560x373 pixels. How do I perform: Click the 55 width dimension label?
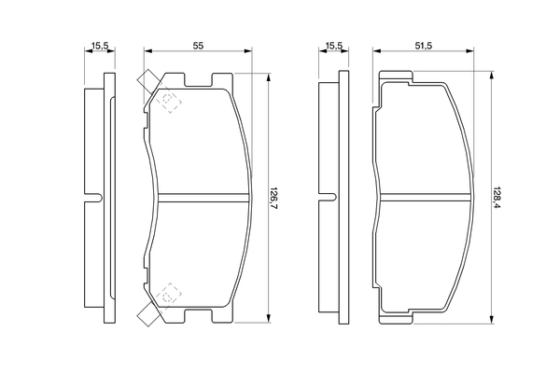(198, 46)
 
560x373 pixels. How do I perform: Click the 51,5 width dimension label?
(424, 46)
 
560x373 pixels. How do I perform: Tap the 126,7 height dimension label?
(273, 198)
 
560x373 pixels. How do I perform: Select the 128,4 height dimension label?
(497, 198)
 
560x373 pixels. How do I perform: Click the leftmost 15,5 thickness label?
(100, 46)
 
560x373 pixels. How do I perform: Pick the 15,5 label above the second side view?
(334, 46)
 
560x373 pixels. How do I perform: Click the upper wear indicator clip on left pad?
(147, 82)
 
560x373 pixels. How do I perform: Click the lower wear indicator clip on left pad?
(148, 314)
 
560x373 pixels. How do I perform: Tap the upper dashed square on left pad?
(167, 99)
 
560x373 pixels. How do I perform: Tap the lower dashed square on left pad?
(167, 297)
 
